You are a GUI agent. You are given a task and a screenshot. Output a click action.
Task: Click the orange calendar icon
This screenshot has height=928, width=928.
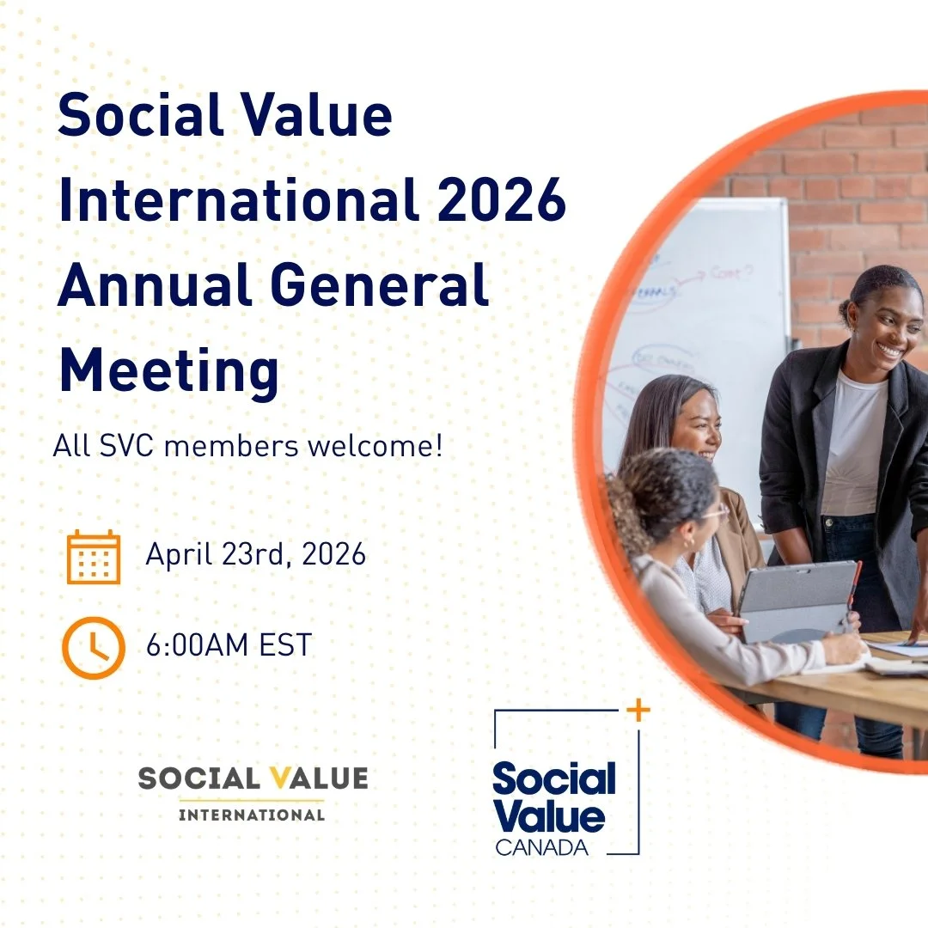coord(94,557)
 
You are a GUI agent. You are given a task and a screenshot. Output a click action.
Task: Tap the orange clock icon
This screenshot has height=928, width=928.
coord(94,647)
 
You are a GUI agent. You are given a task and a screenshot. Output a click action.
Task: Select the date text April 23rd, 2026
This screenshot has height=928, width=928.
coord(255,554)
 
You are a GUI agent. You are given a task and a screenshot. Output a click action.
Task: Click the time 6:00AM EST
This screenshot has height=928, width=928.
coord(229,645)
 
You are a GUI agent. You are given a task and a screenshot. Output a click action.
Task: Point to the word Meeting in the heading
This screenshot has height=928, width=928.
coord(168,370)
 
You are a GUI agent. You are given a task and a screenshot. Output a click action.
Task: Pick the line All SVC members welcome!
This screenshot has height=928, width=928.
coord(247,447)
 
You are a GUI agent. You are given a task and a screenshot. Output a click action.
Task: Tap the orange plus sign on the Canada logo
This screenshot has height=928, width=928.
coord(638,711)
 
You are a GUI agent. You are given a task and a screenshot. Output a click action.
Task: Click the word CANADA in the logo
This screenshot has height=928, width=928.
coord(541,847)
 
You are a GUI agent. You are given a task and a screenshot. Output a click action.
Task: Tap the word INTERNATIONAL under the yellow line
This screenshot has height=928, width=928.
coord(252,814)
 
